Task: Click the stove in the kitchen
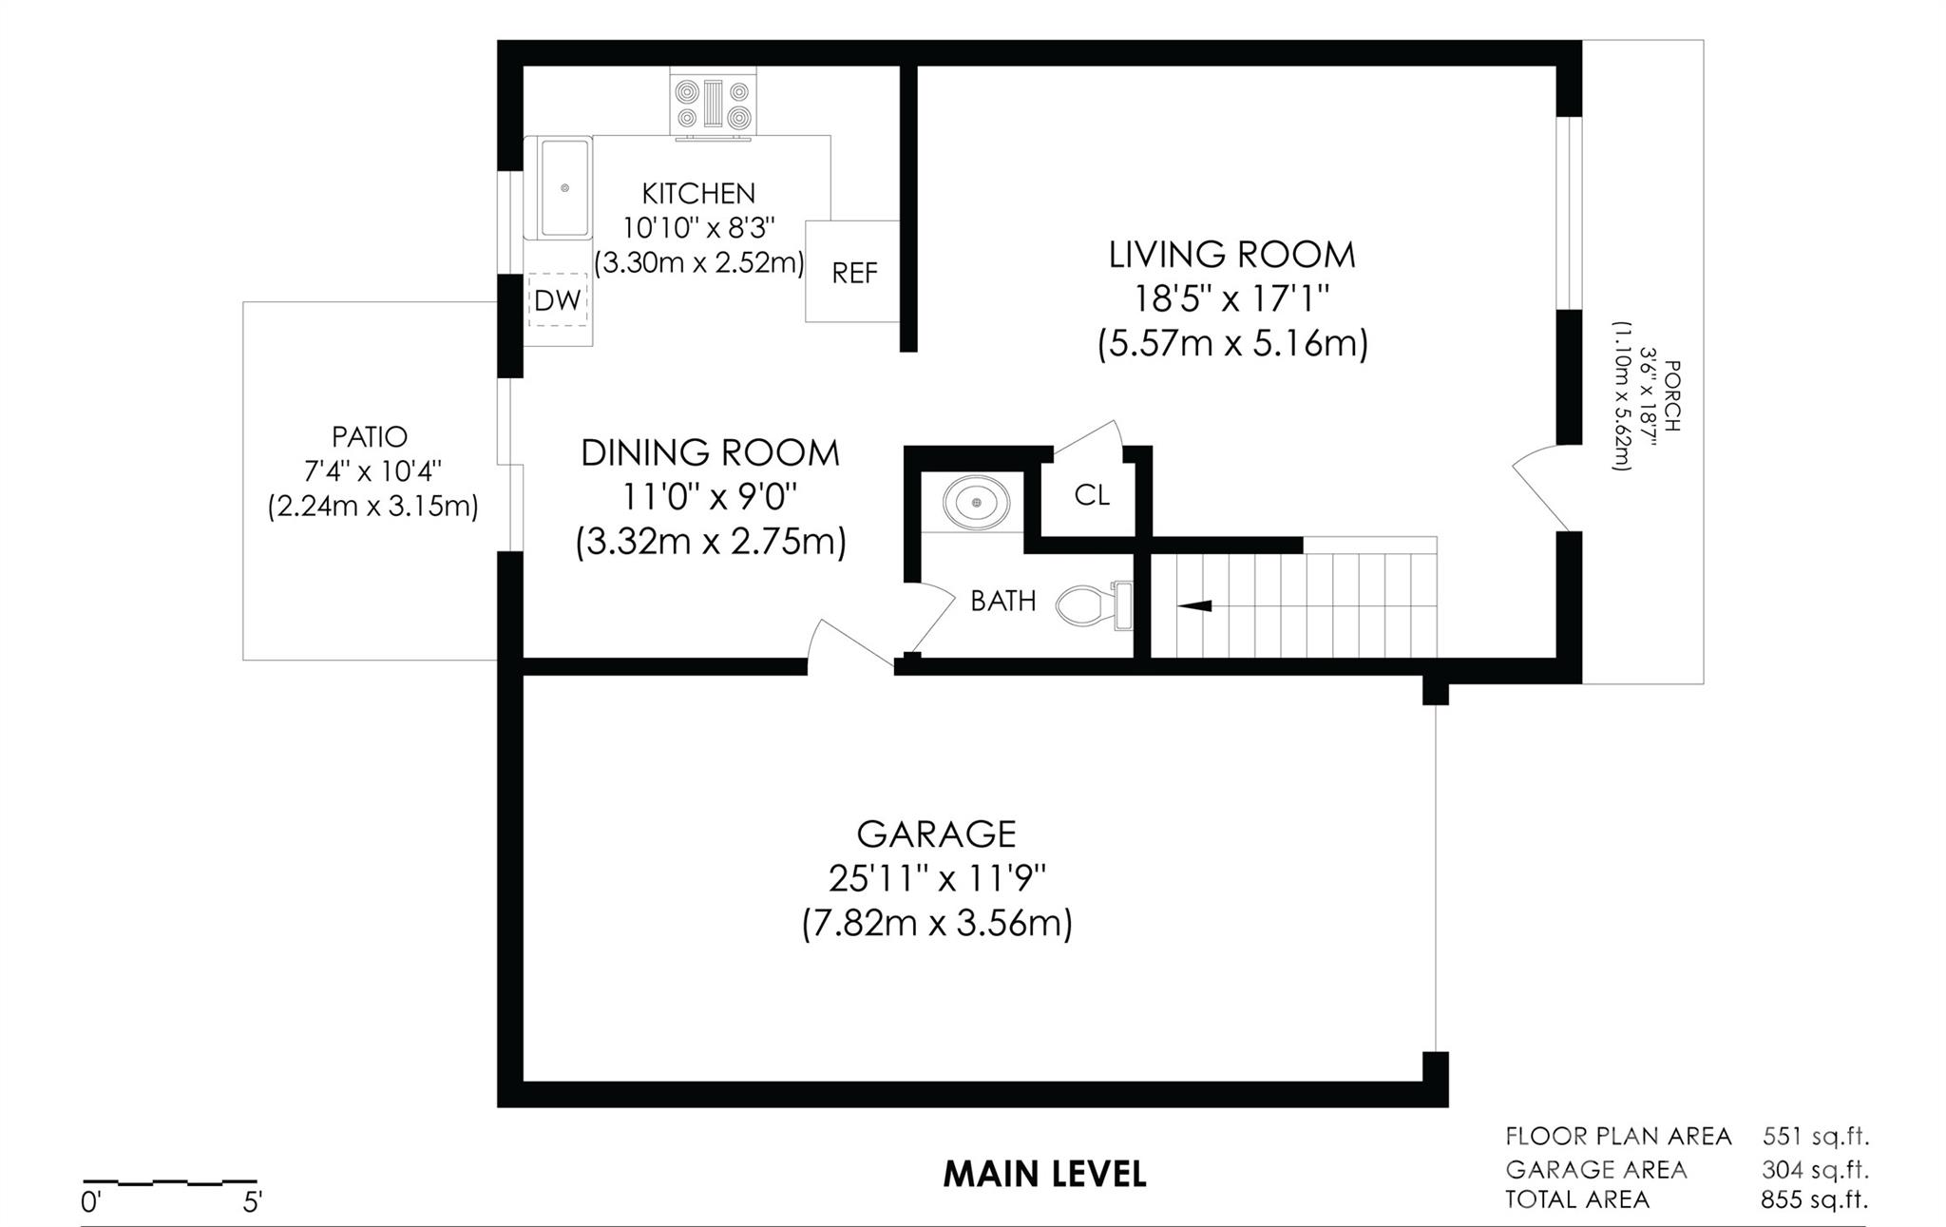[714, 104]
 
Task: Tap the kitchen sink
[564, 188]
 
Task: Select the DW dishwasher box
[558, 300]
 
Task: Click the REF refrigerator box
[853, 272]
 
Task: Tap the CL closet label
[1092, 495]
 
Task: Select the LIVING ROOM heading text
[1232, 255]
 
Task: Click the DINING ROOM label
[711, 452]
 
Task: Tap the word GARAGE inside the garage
[937, 834]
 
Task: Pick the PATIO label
[370, 437]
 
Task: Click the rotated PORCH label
[1673, 395]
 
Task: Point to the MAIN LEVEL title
[1044, 1175]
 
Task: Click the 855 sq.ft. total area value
[1814, 1199]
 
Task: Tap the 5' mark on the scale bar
[252, 1202]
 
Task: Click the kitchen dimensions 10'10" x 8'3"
[699, 228]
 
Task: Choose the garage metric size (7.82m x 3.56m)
[937, 924]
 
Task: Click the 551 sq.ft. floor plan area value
[1816, 1136]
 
